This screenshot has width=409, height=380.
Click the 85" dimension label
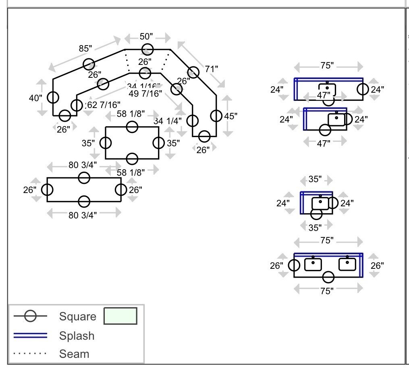click(85, 48)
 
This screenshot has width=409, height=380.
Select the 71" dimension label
click(211, 69)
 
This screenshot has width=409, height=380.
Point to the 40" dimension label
click(35, 98)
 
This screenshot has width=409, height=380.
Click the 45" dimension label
click(231, 116)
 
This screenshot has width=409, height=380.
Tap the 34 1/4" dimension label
click(168, 120)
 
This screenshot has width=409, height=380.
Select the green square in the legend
click(120, 316)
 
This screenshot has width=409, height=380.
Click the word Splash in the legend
click(77, 336)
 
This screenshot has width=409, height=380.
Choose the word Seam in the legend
click(74, 354)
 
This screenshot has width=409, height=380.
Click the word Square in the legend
click(78, 316)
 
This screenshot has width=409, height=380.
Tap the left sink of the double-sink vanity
click(313, 264)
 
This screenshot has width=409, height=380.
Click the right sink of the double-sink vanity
click(347, 264)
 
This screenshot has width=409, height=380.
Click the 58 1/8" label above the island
click(131, 114)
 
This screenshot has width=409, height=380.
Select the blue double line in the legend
click(31, 336)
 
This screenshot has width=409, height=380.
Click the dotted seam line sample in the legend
click(31, 354)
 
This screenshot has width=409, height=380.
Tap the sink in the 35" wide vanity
click(320, 203)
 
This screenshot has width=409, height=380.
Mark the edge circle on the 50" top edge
click(147, 50)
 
